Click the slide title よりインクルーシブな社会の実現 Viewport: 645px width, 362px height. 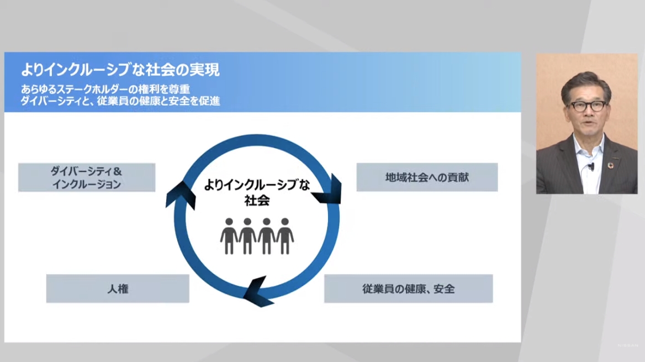(120, 70)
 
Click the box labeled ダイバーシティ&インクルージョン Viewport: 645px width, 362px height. (87, 177)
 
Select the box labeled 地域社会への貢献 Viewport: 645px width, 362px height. (427, 177)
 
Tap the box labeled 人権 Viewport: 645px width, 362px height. (118, 288)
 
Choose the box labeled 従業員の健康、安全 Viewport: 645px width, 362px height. (408, 288)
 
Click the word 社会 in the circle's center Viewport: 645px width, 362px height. (257, 201)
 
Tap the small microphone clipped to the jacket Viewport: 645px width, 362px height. (591, 166)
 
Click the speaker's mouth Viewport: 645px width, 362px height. (587, 123)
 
